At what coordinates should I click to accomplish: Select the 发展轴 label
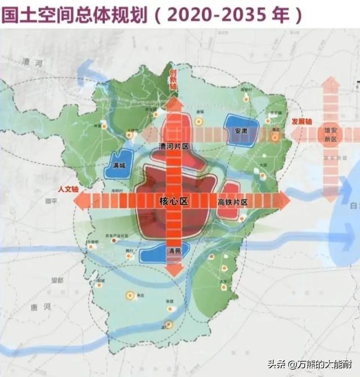(301, 121)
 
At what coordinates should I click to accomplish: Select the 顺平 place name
(51, 200)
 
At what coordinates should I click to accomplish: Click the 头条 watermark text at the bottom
(276, 364)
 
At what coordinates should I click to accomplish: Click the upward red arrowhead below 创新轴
(174, 104)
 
